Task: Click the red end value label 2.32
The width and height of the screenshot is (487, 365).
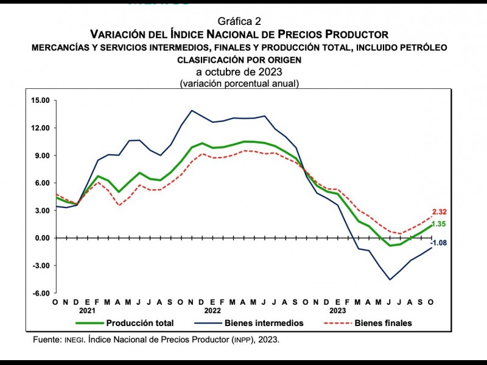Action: (440, 212)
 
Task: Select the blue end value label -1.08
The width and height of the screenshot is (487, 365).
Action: (439, 243)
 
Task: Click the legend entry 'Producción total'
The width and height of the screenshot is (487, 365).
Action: (139, 323)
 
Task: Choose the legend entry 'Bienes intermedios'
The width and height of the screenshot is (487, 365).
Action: (264, 323)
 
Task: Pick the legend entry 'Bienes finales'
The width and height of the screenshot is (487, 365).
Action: (383, 323)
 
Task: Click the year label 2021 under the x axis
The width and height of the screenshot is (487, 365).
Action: (87, 310)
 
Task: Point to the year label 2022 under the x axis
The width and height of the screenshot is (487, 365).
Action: (213, 310)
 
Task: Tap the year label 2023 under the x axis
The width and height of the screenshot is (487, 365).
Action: (337, 310)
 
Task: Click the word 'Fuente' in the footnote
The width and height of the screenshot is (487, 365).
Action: (46, 340)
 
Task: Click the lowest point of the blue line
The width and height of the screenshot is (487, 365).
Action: (390, 280)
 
